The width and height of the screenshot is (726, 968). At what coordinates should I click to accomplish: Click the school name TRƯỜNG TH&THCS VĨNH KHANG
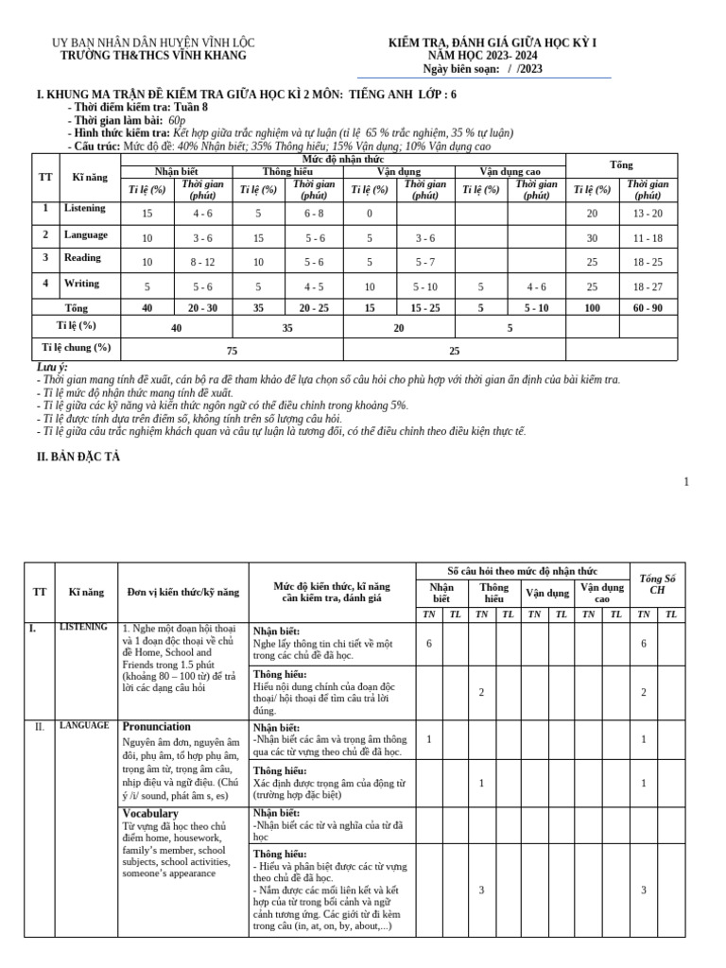(x=153, y=56)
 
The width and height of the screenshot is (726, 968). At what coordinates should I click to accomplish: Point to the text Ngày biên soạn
(x=459, y=69)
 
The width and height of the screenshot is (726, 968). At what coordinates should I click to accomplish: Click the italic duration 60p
(x=177, y=121)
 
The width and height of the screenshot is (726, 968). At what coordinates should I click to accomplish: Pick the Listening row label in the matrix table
(x=85, y=208)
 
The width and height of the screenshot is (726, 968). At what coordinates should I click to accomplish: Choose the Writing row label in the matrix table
(x=81, y=284)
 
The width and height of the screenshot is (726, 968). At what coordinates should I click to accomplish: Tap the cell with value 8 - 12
(x=203, y=262)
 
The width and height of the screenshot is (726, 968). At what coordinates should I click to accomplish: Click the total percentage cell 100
(x=593, y=308)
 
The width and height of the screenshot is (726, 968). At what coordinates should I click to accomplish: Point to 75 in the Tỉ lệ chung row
(x=232, y=350)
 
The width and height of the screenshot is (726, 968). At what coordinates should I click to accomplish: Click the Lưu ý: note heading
(x=51, y=367)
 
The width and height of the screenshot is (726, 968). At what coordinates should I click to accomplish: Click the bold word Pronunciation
(x=157, y=727)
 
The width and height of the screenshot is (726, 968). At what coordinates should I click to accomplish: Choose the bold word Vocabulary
(x=150, y=813)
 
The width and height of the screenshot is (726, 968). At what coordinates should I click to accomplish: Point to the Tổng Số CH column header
(x=658, y=584)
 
